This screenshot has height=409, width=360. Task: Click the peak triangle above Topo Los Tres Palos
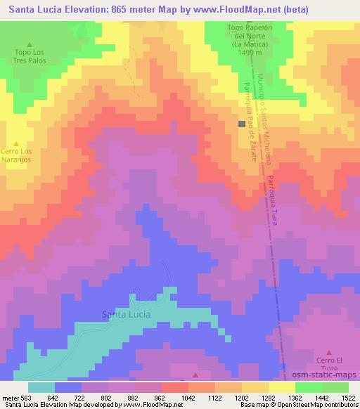click(x=29, y=43)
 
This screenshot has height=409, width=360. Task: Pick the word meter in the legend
click(x=9, y=396)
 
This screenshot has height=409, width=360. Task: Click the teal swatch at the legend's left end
click(x=41, y=387)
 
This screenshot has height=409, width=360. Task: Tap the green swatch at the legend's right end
click(x=335, y=387)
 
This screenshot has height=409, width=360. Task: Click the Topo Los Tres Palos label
click(x=29, y=56)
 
